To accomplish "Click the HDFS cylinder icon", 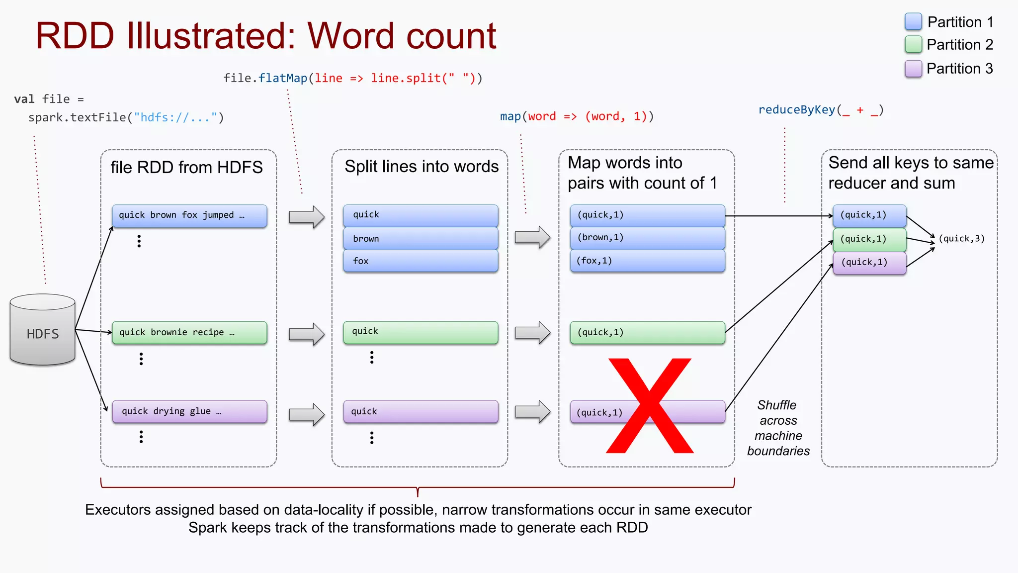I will [43, 330].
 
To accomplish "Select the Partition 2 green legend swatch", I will [913, 45].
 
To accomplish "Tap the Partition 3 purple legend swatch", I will [913, 69].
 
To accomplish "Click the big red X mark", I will [650, 405].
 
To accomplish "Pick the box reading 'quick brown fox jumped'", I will [189, 216].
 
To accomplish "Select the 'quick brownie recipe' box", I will [189, 333].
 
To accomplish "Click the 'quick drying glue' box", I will [189, 411].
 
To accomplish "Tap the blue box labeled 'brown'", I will [421, 238].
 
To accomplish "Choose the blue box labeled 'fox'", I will [421, 261].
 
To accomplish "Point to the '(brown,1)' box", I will [647, 238].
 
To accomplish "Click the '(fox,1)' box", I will [647, 261].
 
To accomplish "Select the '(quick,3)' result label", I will [961, 239].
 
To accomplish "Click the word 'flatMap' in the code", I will [283, 78].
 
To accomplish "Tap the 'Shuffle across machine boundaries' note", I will [778, 428].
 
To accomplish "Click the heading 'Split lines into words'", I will [422, 167].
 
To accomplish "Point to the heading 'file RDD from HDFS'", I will [186, 168].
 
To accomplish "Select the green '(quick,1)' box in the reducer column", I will [869, 239].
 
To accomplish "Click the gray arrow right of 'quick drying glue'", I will [307, 414].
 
